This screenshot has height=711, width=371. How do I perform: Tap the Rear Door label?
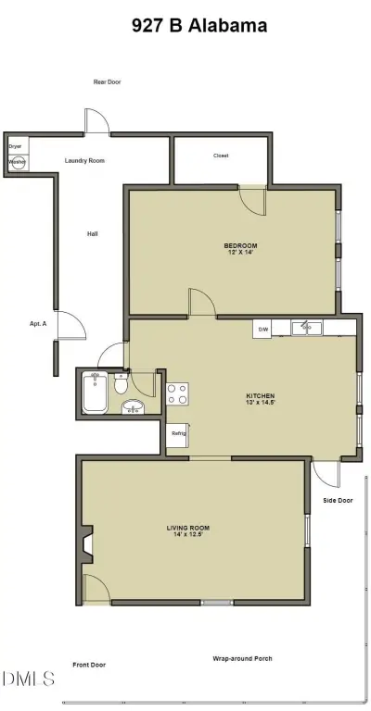107,82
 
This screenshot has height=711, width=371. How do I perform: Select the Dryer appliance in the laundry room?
16,146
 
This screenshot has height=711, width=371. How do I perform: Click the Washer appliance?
17,161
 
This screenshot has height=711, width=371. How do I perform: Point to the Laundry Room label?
84,161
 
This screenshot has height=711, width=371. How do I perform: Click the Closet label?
221,156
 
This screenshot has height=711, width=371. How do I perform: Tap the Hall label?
93,233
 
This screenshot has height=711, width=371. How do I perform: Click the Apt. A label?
39,323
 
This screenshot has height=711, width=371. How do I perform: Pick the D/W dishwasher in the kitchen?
263,329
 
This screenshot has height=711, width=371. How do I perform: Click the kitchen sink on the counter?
305,327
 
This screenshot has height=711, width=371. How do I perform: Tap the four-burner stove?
177,393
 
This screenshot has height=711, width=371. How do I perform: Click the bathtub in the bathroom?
94,393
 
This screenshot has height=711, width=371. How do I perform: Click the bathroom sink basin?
134,406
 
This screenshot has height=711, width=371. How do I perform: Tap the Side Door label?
338,501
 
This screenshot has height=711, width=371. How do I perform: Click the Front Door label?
89,665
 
